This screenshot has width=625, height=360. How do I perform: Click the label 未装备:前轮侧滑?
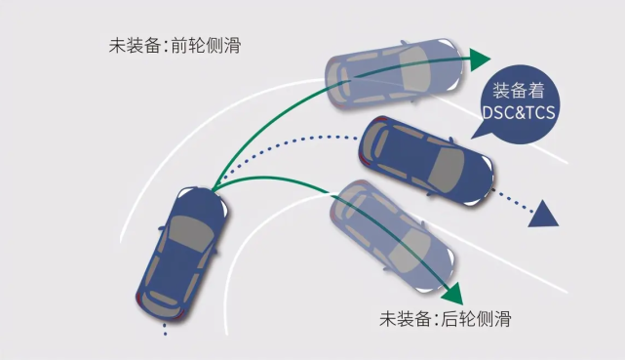(x=176, y=45)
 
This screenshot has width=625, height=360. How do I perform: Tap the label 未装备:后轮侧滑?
(x=445, y=319)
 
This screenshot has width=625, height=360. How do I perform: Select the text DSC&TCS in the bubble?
(x=518, y=112)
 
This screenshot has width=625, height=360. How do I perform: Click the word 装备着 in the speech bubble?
(x=518, y=92)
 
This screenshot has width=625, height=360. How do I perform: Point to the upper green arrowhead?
(x=478, y=59)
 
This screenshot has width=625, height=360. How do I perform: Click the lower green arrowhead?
(x=449, y=292)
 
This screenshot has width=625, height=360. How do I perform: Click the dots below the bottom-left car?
(x=165, y=326)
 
